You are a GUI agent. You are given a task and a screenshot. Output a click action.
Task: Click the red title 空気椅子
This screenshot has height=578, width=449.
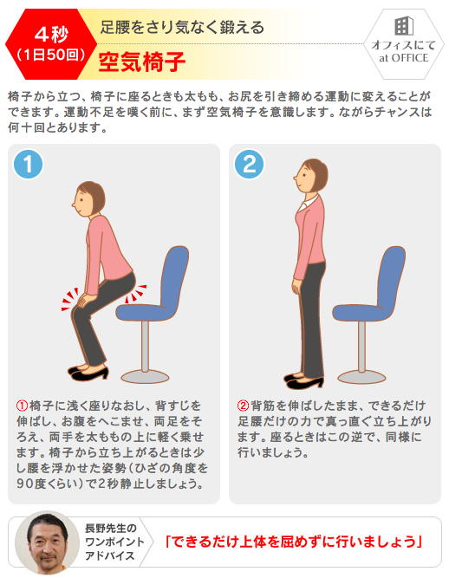click(142, 62)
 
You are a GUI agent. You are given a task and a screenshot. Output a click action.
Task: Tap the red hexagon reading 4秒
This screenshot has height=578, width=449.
click(51, 44)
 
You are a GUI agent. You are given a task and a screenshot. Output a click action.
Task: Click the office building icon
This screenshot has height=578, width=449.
click(404, 26)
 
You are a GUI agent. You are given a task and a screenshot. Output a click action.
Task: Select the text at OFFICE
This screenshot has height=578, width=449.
click(404, 58)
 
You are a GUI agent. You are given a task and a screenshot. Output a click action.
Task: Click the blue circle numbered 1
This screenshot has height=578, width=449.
click(28, 164)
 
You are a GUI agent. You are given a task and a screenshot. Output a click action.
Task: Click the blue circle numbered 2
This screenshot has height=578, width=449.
click(249, 164)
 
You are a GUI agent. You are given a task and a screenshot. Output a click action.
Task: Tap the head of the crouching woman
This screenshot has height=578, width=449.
click(88, 199)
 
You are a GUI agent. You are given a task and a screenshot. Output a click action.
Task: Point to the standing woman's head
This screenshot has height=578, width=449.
click(311, 176)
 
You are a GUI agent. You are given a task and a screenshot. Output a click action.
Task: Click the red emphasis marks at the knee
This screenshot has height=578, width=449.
click(70, 299)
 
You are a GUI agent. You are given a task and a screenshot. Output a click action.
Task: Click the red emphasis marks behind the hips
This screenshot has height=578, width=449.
click(135, 294)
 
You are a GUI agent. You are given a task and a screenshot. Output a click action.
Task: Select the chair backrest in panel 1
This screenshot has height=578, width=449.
click(172, 276)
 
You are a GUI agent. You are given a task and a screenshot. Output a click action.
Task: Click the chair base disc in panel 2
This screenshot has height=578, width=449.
click(361, 377)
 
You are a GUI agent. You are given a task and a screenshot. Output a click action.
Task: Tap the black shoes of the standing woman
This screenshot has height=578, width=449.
click(303, 381)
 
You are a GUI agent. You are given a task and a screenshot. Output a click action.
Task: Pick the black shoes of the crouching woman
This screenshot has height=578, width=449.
click(88, 373)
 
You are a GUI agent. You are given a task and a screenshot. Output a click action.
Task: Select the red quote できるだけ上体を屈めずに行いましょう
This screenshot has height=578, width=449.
click(294, 542)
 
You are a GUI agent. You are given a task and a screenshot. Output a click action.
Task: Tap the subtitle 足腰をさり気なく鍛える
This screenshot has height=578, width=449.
click(182, 28)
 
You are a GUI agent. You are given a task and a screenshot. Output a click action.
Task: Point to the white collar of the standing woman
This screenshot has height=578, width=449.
click(309, 202)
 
